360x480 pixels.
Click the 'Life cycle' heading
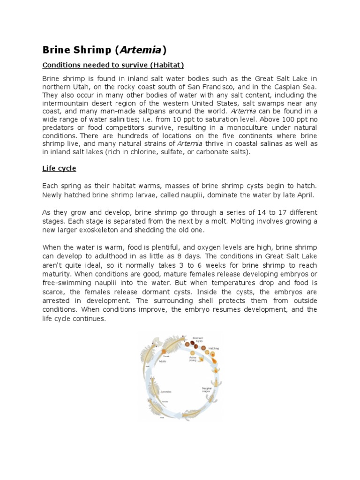(x=59, y=168)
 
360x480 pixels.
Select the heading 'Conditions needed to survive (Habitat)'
(x=113, y=65)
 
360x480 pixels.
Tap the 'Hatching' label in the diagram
(x=213, y=349)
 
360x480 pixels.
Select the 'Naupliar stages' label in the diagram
(x=207, y=390)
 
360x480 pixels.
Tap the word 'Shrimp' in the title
(x=89, y=50)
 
